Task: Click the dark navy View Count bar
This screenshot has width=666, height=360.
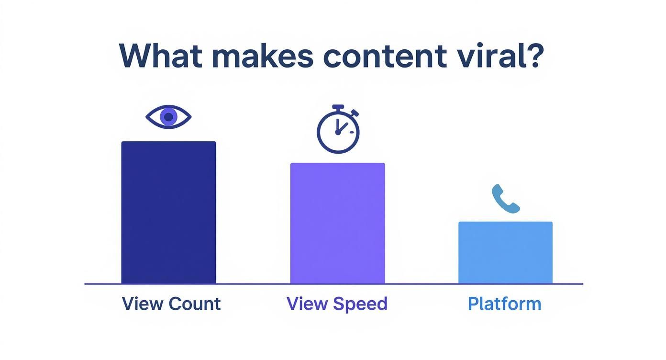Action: [168, 213]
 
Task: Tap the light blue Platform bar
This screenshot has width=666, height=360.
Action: [505, 253]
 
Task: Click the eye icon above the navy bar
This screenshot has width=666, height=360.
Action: [168, 117]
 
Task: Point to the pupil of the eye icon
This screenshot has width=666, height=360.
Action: [168, 117]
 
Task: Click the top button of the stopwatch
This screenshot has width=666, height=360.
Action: [338, 107]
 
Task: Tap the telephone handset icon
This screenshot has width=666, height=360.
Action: [505, 199]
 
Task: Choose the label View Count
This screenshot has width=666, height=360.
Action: [171, 304]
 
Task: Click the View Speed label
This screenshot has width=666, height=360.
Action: [337, 304]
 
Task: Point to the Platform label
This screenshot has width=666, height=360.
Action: [504, 304]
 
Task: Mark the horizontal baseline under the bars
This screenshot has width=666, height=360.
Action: [333, 284]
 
